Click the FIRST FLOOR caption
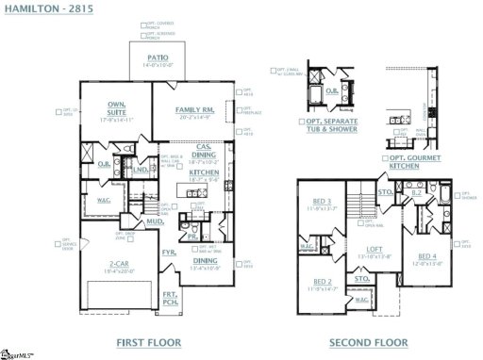click(x=142, y=342)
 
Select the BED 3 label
click(x=321, y=201)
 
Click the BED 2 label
click(x=321, y=282)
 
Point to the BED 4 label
click(x=426, y=256)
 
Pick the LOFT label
click(x=375, y=250)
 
